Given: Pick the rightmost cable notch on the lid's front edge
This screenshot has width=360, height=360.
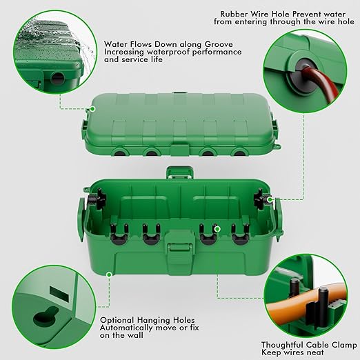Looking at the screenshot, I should click(238, 150).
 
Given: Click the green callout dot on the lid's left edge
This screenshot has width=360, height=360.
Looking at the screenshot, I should click(90, 108).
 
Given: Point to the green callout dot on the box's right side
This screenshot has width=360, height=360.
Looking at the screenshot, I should click(271, 200).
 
